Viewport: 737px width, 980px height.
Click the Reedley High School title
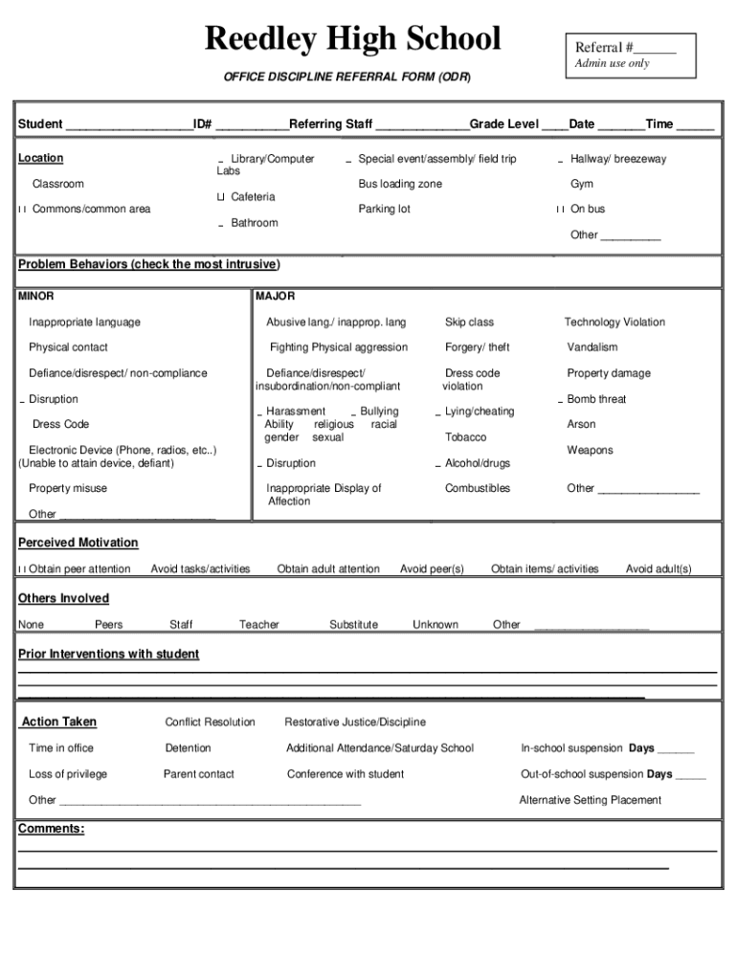pos(353,39)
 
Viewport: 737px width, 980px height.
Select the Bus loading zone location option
pos(399,184)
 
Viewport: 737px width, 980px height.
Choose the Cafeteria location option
pos(252,197)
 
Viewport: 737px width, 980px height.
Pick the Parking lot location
pos(384,209)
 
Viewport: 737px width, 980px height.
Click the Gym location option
pos(581,184)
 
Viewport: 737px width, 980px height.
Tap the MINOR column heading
pos(36,297)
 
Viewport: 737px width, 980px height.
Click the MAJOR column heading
pos(276,297)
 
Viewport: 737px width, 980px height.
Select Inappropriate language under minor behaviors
pos(84,323)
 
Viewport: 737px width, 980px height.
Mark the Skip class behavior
pos(469,323)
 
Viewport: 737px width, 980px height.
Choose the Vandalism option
pos(592,347)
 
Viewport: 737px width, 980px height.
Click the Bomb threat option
pos(595,399)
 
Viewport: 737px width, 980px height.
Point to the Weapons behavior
pos(590,450)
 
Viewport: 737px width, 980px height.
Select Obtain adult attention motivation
pos(327,569)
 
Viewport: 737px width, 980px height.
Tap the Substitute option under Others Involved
pos(353,625)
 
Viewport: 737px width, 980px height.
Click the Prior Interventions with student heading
pos(109,655)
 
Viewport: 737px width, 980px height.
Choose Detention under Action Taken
pos(188,748)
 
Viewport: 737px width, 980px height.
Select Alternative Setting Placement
pos(590,800)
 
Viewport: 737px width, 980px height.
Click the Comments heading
pos(51,829)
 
